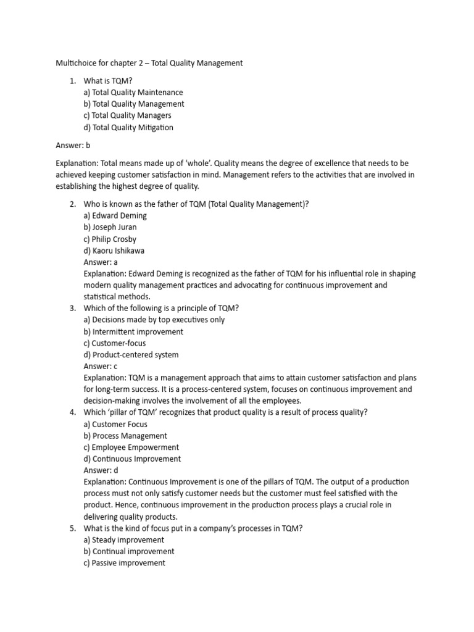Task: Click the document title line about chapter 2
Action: point(149,63)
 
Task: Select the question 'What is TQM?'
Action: point(108,81)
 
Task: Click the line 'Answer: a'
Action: point(101,262)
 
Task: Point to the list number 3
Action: point(72,309)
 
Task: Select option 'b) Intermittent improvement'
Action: point(133,331)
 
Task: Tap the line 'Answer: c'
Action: point(101,366)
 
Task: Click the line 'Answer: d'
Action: point(101,470)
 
